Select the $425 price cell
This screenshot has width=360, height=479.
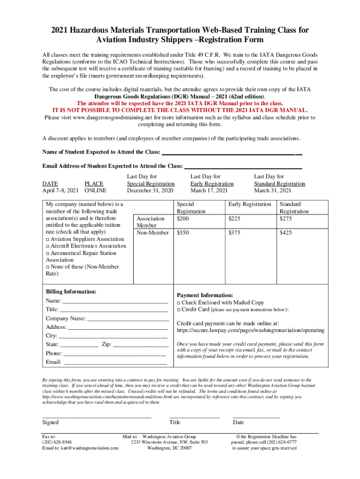click(286, 232)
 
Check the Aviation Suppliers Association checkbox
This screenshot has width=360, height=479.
click(47, 239)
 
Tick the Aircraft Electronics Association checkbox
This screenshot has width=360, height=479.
click(47, 246)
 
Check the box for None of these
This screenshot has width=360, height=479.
click(47, 267)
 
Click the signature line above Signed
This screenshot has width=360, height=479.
click(96, 415)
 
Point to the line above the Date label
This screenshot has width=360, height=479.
click(256, 415)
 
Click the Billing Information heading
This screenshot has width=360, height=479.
click(71, 292)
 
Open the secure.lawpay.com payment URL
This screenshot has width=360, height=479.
click(250, 331)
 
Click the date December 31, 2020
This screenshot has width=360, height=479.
click(151, 191)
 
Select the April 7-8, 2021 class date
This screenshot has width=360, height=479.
click(60, 191)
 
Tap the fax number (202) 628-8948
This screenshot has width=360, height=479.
click(57, 442)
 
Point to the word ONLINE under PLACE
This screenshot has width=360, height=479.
click(95, 191)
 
